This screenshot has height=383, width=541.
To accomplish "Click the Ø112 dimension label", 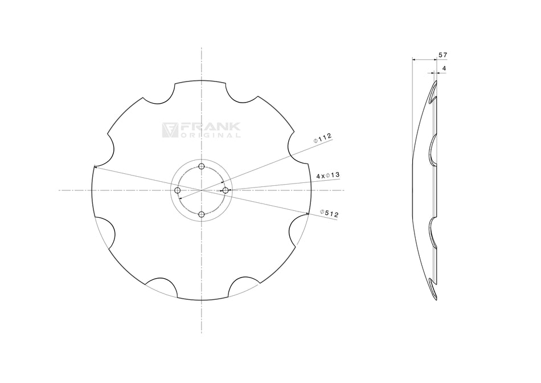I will tap(322, 137).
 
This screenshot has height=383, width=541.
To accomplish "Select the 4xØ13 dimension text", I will tap(328, 175).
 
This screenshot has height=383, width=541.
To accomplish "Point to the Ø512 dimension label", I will tap(330, 214).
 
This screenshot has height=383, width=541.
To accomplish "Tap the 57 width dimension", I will tap(442, 55).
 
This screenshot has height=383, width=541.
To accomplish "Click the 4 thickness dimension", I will tap(444, 68).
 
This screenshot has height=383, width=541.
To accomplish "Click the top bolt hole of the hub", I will tap(202, 166).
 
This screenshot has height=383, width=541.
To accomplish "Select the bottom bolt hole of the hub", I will tap(202, 214).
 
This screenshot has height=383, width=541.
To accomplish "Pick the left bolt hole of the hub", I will tap(178, 190).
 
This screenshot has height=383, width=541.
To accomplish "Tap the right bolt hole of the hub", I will tap(226, 190).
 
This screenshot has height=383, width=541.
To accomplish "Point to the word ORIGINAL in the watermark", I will tap(210, 136).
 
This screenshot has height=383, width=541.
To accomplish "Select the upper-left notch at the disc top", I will tap(158, 95).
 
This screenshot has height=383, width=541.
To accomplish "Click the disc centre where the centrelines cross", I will tap(202, 190).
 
